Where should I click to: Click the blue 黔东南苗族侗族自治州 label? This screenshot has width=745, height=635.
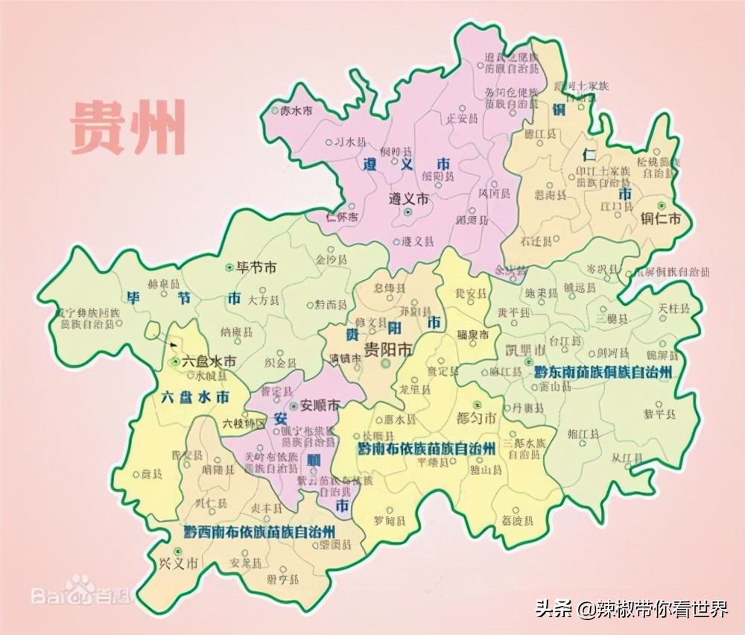click(x=602, y=370)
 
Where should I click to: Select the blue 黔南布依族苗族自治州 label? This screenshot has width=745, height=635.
click(x=426, y=448)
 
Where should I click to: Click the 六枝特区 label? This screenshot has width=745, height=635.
click(x=244, y=423)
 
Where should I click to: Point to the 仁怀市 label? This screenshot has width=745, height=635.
click(x=342, y=217)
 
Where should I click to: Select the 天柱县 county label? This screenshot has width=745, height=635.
click(x=673, y=308)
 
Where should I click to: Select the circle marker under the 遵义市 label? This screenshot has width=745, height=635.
click(x=408, y=212)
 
